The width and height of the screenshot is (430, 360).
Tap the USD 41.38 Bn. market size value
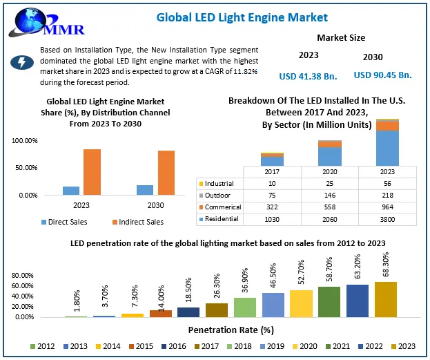(x=309, y=75)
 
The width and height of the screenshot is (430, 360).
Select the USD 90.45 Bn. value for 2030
(x=382, y=75)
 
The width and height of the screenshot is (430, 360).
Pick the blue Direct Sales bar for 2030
(x=145, y=190)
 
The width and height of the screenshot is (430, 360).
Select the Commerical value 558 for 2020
(x=330, y=207)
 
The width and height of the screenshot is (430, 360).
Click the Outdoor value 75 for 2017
(x=272, y=196)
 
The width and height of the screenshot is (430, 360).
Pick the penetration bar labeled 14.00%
(x=160, y=313)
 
